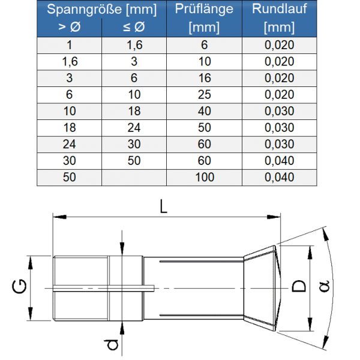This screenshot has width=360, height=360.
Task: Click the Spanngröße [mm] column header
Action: pos(101,10)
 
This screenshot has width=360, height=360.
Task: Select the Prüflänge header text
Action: pos(204,10)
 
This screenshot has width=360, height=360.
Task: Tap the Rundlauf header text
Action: pos(279,10)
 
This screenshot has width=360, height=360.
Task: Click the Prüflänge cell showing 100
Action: pos(204,177)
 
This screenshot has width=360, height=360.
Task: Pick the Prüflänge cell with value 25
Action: pos(204,94)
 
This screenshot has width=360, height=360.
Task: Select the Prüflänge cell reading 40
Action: pos(204,111)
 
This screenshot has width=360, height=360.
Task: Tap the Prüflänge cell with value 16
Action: pos(204,78)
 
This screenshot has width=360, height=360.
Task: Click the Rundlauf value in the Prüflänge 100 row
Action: pos(279,177)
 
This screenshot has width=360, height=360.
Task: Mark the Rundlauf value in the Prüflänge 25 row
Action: pos(279,94)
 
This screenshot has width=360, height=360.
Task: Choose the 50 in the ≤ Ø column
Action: pos(134,160)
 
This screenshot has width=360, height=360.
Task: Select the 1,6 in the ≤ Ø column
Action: pos(134,45)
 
